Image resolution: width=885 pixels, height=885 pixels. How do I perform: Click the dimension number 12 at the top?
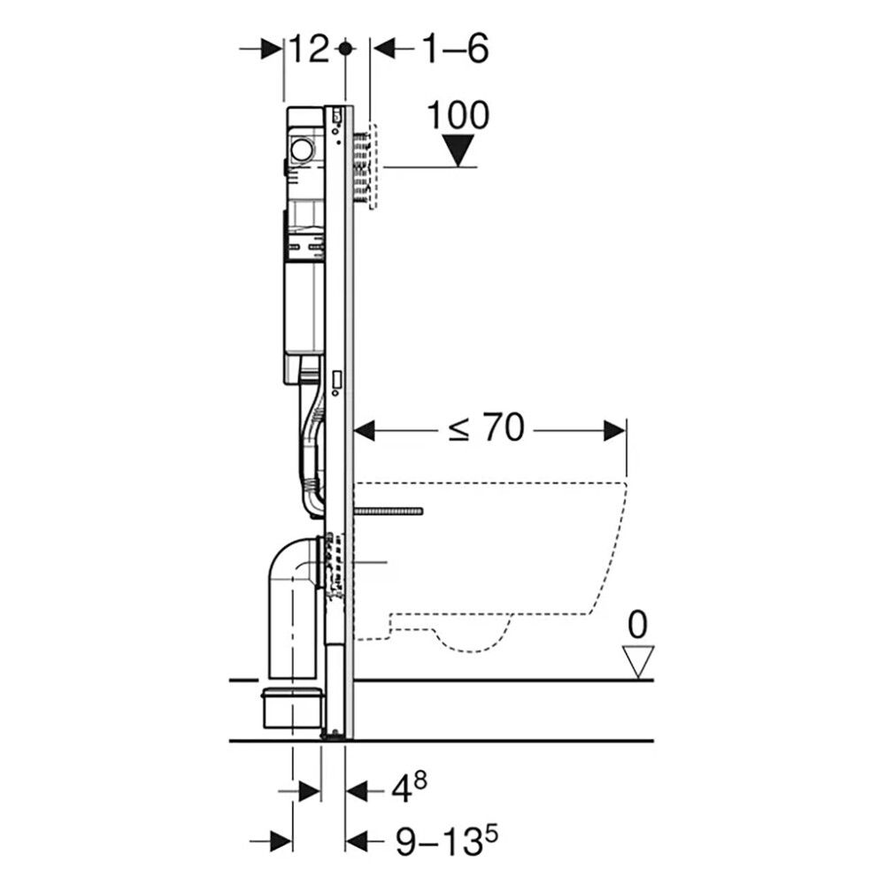pyautogui.click(x=309, y=49)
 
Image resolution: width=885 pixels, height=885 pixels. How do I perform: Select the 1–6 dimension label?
pyautogui.click(x=455, y=49)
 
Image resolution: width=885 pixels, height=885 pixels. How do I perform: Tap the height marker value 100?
pyautogui.click(x=458, y=116)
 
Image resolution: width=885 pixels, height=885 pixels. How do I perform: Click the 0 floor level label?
pyautogui.click(x=638, y=625)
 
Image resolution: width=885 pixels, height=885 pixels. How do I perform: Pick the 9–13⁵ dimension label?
pyautogui.click(x=446, y=841)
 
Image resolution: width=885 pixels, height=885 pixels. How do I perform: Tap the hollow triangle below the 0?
pyautogui.click(x=638, y=661)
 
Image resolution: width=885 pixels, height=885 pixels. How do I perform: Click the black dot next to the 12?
pyautogui.click(x=345, y=49)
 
